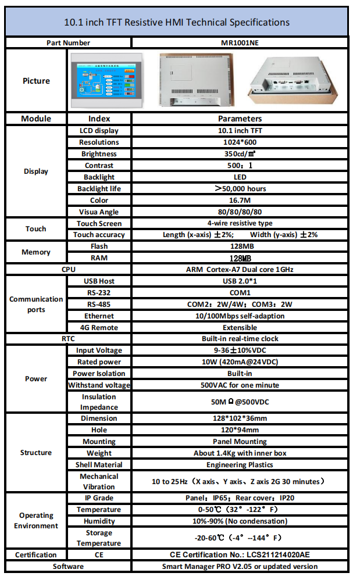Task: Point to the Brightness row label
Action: point(99,154)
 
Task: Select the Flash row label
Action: point(99,246)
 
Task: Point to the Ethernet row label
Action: point(99,316)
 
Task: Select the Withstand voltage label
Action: point(99,385)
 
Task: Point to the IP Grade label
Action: point(99,498)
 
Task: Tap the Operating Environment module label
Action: point(35,520)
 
